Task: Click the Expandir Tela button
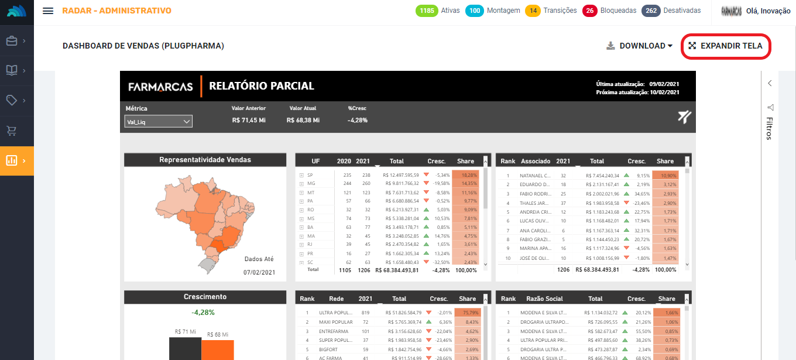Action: click(725, 46)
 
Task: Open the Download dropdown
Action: click(640, 46)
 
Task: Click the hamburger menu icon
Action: click(49, 11)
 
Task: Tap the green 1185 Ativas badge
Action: click(427, 11)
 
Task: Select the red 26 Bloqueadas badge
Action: click(590, 11)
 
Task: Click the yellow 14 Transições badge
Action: click(533, 11)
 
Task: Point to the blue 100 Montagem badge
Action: click(475, 11)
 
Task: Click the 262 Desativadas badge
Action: click(651, 11)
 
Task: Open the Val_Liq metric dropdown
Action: click(159, 121)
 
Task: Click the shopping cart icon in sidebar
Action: click(12, 131)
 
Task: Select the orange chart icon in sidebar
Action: click(12, 160)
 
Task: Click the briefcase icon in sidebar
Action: click(12, 41)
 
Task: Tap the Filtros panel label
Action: click(770, 128)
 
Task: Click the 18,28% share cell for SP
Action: click(469, 174)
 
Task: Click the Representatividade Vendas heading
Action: click(205, 160)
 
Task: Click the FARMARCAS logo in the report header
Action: click(160, 86)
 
